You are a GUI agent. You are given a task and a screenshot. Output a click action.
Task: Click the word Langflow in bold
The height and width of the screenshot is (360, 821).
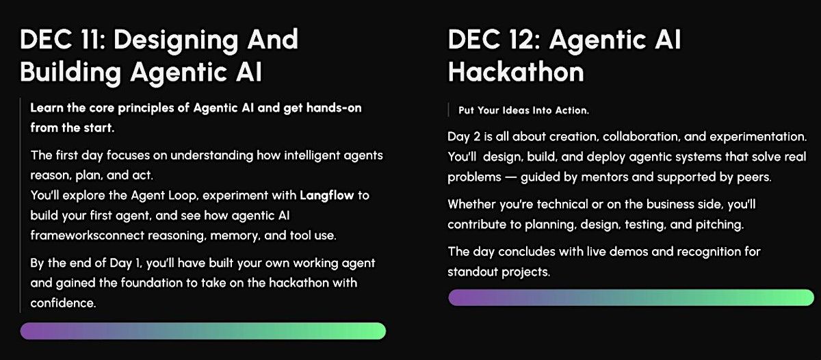[326, 195]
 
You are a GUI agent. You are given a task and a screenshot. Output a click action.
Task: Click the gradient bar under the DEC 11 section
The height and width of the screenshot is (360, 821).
[203, 331]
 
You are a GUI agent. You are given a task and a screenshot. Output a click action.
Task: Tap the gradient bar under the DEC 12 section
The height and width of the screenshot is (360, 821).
[631, 298]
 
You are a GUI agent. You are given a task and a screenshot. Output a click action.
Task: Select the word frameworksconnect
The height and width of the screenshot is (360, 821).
[88, 235]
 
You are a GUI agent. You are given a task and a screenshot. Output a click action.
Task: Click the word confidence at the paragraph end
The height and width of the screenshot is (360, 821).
[63, 303]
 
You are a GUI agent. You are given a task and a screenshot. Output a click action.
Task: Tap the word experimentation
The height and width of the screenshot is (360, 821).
[758, 137]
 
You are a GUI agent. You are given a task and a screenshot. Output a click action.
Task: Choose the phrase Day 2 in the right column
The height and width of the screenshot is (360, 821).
[464, 137]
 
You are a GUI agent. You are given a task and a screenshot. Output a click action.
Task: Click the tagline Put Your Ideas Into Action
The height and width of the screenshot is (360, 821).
[523, 110]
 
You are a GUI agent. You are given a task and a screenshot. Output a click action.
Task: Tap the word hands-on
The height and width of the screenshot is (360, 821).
[334, 108]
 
